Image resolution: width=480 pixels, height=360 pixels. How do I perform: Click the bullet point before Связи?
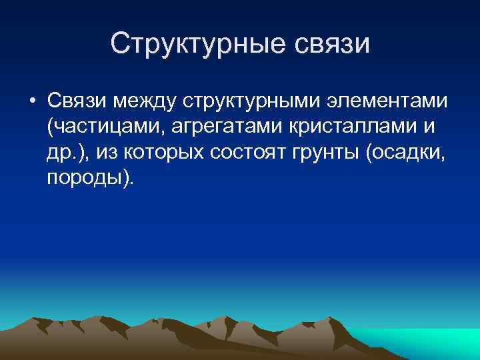pos(31,103)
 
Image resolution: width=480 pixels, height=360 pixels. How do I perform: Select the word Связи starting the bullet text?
pos(77,102)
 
